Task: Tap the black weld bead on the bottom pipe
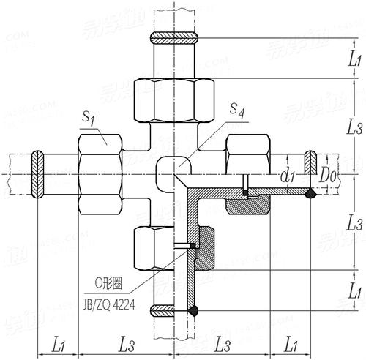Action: (193, 310)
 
